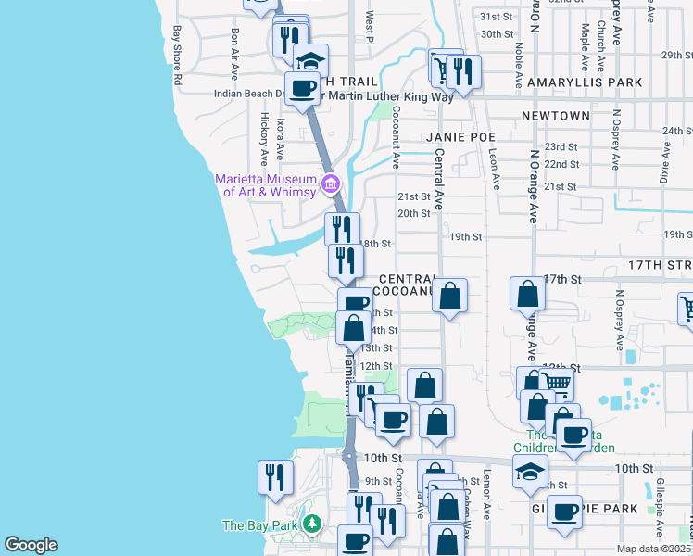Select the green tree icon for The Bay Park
313,525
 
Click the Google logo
31,545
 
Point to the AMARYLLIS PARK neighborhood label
585,82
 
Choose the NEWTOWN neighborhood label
555,116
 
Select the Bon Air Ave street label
235,52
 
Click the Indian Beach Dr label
249,94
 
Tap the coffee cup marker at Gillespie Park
564,512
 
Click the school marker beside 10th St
531,474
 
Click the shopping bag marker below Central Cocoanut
449,297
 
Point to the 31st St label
496,17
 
